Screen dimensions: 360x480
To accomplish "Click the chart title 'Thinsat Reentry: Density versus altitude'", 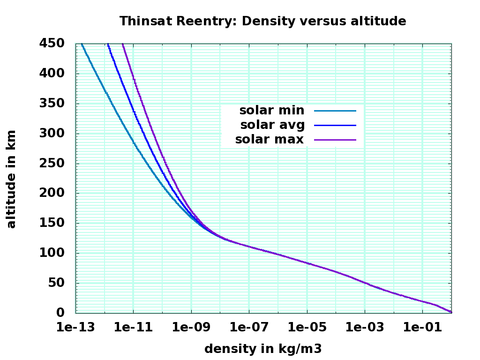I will (262, 21).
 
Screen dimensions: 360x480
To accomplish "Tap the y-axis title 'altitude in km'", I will (11, 179).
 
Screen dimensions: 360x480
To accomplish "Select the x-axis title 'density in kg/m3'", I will (263, 349).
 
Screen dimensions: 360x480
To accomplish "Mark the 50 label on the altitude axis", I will (61, 283).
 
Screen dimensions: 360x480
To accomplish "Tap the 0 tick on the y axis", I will (65, 313).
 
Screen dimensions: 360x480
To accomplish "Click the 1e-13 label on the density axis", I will (76, 328).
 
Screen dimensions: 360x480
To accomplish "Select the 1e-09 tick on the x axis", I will (191, 328).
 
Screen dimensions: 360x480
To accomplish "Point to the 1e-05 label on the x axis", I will (307, 328).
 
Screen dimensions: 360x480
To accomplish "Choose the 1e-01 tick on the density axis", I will (423, 328).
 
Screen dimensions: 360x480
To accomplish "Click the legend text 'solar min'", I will (272, 111).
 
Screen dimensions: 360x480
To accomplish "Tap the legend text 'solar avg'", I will (272, 125).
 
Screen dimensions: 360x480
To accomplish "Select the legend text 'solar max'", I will (270, 140).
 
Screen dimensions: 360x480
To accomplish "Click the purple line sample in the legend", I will (335, 140).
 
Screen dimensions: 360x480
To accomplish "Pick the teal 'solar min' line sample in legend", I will (335, 111).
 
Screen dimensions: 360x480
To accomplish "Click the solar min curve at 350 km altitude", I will (112, 104).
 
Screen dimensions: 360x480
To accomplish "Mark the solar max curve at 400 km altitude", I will (132, 74).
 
